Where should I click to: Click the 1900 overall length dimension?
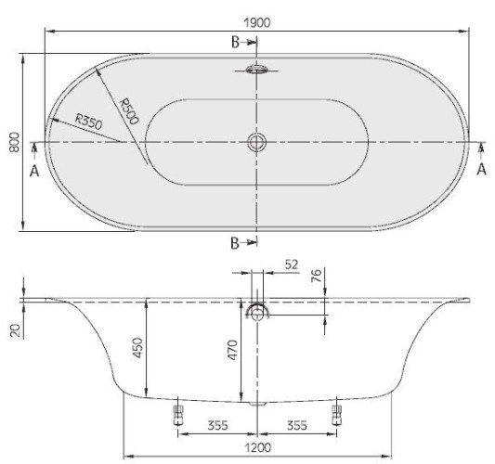click(257, 22)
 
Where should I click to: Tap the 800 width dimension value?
click(15, 142)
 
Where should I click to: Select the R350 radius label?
click(89, 122)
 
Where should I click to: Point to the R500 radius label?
click(129, 111)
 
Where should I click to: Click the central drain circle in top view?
click(256, 142)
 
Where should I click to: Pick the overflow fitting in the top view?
click(256, 69)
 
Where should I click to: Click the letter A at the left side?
click(34, 172)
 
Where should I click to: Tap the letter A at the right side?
click(481, 170)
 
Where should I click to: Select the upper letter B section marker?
click(235, 43)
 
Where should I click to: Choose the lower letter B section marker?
click(235, 243)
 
